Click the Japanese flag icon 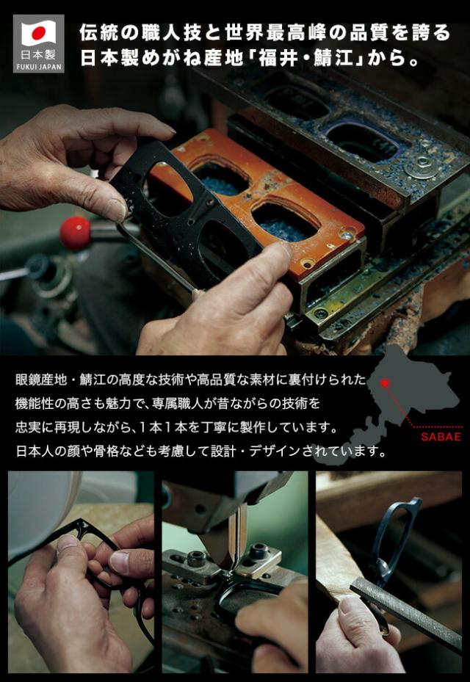(38, 33)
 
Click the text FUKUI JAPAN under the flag (38, 66)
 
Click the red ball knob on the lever (75, 232)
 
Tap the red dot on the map (383, 382)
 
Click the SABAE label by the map (441, 437)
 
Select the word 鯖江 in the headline (345, 58)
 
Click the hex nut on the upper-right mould (424, 162)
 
